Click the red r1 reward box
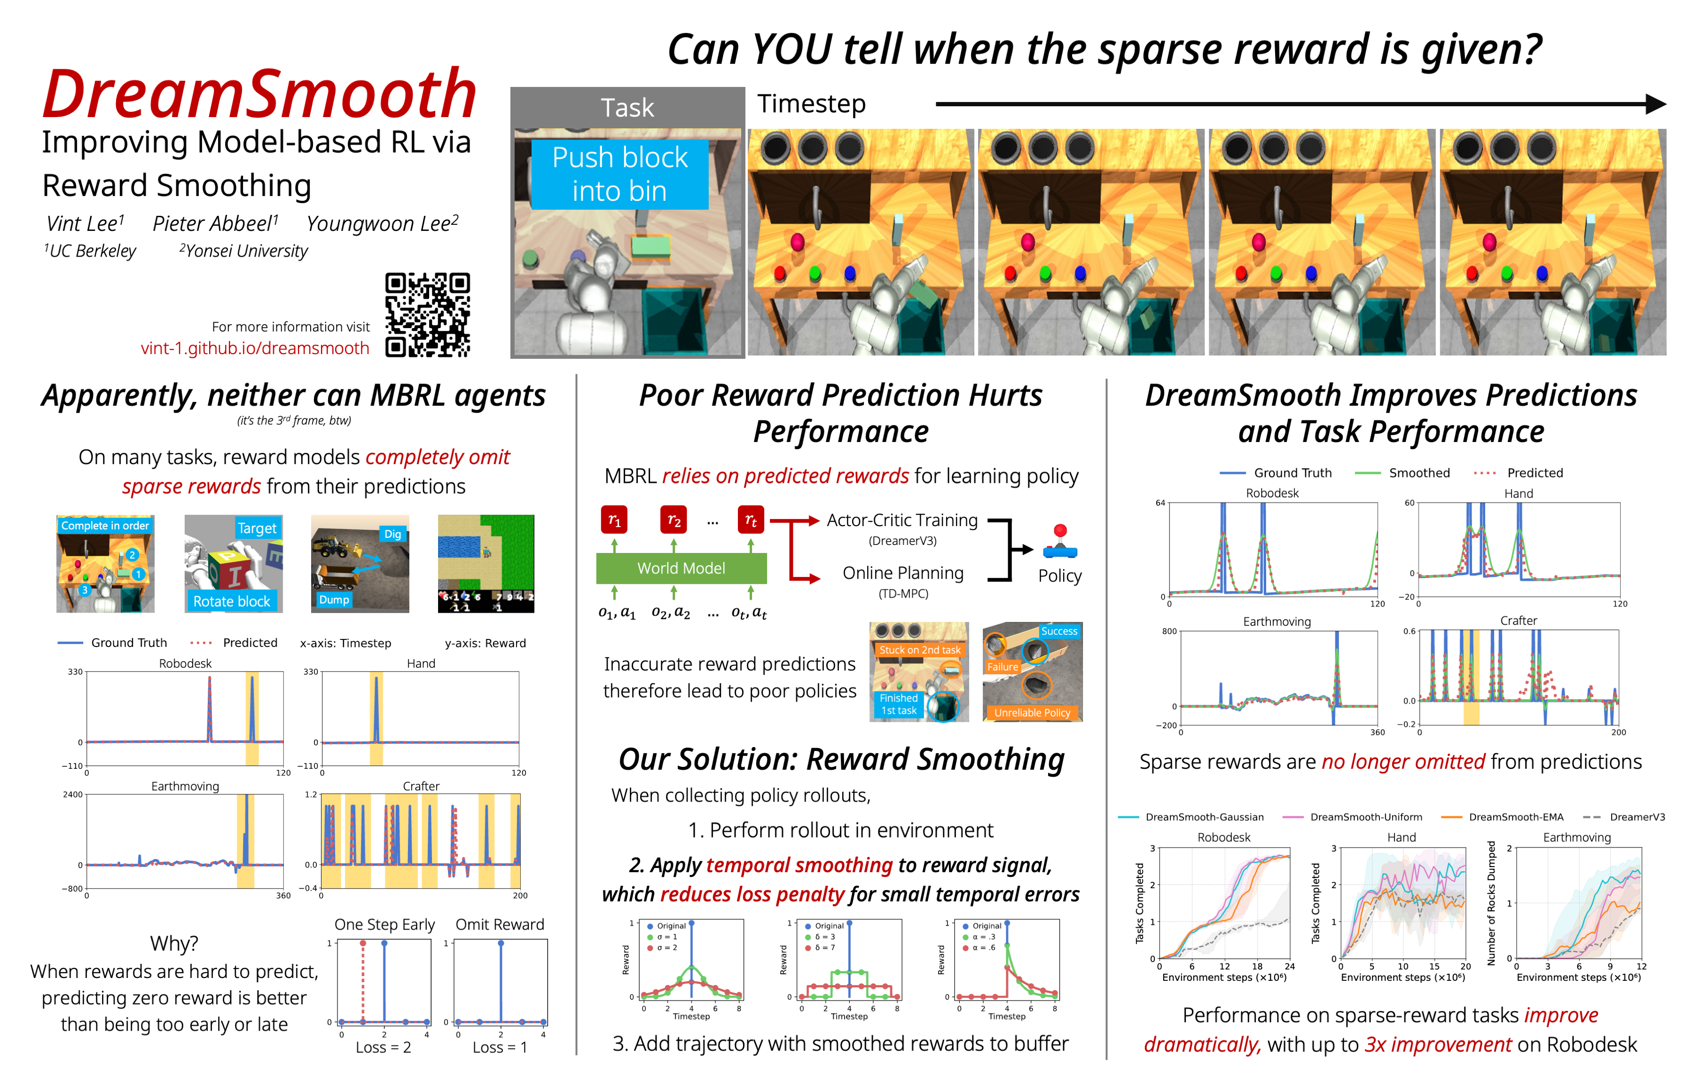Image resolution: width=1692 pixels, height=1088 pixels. coord(614,520)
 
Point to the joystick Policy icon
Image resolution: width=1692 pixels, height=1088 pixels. coord(1059,541)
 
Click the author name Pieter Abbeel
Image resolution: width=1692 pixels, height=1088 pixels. coord(215,224)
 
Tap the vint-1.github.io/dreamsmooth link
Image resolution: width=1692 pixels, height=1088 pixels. coord(254,348)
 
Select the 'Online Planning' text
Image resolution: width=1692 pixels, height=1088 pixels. coord(902,573)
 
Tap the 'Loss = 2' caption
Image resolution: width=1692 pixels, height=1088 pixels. coord(383,1048)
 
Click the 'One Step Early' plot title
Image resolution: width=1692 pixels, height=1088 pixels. coord(384,925)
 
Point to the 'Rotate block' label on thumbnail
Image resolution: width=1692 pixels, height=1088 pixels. coord(232,601)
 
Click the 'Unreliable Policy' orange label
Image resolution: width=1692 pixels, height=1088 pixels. coord(1032,713)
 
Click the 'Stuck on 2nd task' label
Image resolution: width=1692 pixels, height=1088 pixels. coord(919,650)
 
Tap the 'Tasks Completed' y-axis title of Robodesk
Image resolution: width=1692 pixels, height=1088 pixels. coord(1139,903)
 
